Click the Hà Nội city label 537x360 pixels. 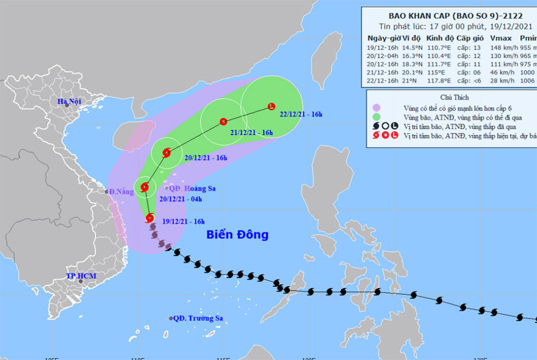click(x=70, y=102)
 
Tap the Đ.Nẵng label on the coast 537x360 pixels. click(x=121, y=192)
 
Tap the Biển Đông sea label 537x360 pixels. click(x=237, y=234)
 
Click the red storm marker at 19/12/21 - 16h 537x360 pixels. click(x=148, y=218)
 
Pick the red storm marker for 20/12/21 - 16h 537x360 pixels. click(x=165, y=152)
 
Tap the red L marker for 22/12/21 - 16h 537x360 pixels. click(x=271, y=107)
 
